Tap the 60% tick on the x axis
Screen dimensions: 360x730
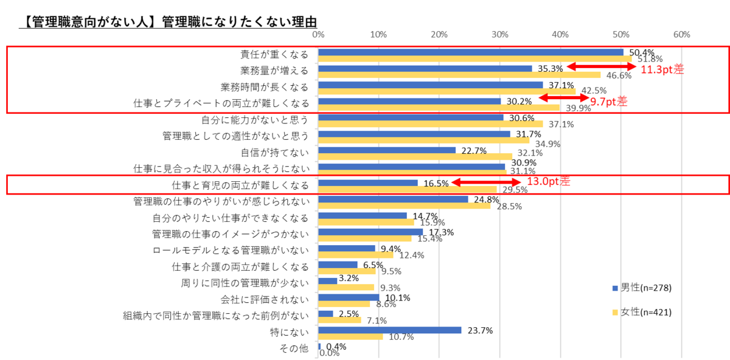pyautogui.click(x=681, y=35)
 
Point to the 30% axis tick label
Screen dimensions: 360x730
pyautogui.click(x=500, y=35)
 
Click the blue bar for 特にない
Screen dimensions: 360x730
pyautogui.click(x=389, y=330)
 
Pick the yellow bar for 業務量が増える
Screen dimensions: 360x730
pyautogui.click(x=459, y=75)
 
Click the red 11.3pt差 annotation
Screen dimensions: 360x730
pyautogui.click(x=662, y=69)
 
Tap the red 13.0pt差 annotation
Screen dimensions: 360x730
pyautogui.click(x=548, y=181)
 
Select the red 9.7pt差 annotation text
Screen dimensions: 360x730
pyautogui.click(x=608, y=102)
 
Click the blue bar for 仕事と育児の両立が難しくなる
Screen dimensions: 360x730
pyautogui.click(x=367, y=182)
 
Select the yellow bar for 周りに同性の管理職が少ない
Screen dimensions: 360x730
pyautogui.click(x=346, y=287)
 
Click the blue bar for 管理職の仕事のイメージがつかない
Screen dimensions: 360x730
pyautogui.click(x=370, y=232)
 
